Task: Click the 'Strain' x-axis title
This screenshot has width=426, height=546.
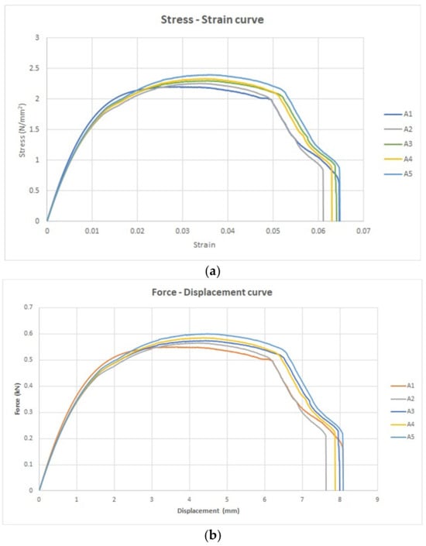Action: (x=204, y=245)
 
